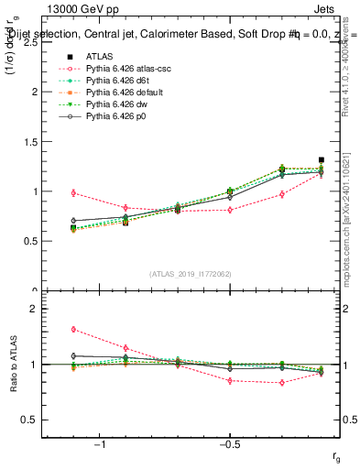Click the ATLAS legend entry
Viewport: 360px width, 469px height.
pos(101,57)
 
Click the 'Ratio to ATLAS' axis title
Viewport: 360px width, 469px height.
pos(14,365)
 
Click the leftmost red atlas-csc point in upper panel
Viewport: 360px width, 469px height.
pos(73,192)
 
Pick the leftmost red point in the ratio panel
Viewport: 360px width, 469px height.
pos(73,329)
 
